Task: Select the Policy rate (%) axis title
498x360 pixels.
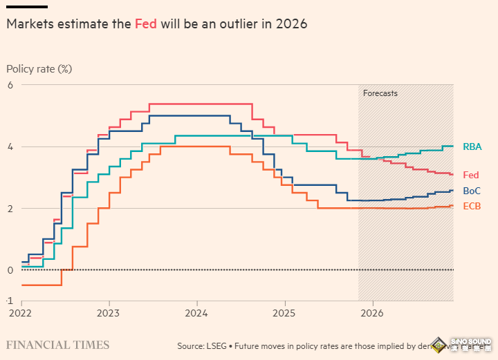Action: point(39,69)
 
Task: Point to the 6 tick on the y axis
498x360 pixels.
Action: point(10,85)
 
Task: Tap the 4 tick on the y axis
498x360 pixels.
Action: point(10,146)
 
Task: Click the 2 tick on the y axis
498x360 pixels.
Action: point(10,208)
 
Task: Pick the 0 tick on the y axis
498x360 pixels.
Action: point(10,269)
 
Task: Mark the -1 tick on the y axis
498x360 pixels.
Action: point(10,301)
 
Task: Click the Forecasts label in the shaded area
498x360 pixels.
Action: point(380,93)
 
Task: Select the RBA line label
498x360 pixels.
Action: point(472,146)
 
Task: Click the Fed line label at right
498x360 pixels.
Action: point(471,175)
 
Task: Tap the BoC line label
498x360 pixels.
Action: point(472,191)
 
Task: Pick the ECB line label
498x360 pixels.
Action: point(472,206)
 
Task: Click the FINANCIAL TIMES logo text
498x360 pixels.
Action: point(57,345)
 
